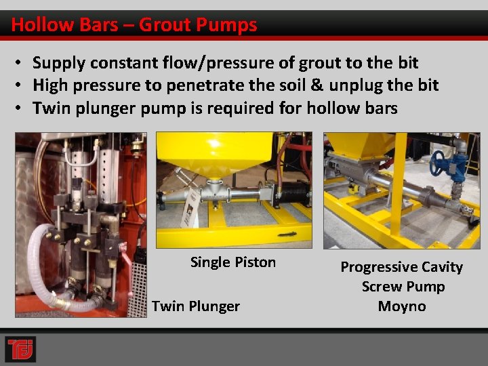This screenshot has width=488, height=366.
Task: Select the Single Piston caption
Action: tap(233, 262)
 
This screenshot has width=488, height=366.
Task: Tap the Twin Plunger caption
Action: tap(196, 306)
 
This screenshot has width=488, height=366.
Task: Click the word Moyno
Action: tap(402, 306)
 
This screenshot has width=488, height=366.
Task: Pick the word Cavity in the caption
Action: tap(441, 267)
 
